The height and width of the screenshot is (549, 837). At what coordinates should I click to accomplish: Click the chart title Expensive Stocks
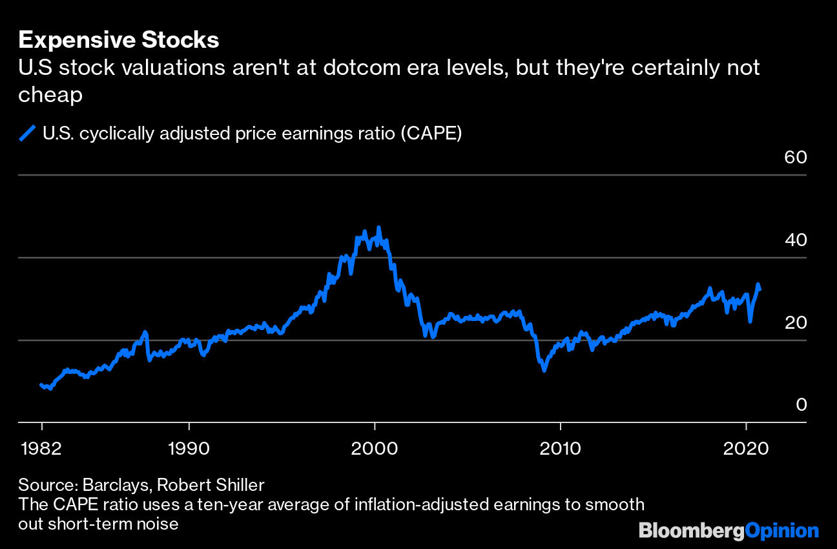point(119,40)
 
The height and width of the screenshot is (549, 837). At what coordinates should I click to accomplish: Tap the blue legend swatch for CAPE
point(27,134)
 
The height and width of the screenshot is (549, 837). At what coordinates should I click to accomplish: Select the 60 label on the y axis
point(796,157)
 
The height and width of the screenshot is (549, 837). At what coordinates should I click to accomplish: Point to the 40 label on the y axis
point(796,240)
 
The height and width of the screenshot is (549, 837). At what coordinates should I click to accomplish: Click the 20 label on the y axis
point(796,322)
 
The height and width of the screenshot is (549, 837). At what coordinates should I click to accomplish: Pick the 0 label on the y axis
point(801,404)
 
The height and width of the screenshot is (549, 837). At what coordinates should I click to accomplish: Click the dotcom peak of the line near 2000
point(378,228)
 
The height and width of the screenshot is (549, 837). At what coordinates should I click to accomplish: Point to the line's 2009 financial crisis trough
point(544,370)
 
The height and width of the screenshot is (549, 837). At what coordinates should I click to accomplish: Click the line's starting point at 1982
point(41,385)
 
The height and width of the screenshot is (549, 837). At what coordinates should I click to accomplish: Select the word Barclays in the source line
point(118,484)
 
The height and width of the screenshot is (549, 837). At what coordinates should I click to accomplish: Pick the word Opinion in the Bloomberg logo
point(781,531)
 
